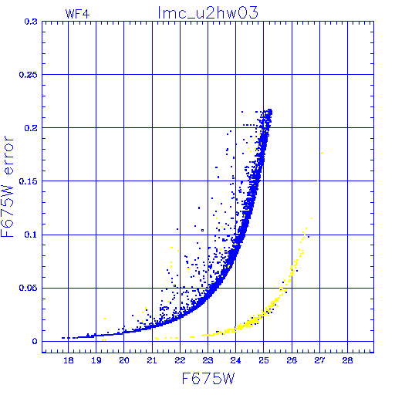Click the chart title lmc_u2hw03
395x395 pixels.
point(208,13)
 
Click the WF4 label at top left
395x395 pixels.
point(77,14)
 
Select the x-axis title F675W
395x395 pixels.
point(208,379)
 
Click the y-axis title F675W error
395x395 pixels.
point(7,187)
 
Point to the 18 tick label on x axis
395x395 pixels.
point(69,360)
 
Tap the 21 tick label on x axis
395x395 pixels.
point(152,360)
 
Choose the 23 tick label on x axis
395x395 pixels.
point(208,360)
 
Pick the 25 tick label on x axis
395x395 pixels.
point(264,360)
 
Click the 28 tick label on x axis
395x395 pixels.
point(347,360)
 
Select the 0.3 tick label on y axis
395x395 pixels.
point(31,22)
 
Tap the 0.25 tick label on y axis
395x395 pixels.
point(29,75)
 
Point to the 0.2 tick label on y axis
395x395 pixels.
point(31,128)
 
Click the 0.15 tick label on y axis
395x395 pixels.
point(29,181)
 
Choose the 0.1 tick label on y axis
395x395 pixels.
point(31,235)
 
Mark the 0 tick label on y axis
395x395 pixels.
point(35,341)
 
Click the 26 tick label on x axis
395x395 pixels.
point(292,360)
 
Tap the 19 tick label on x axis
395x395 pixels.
point(96,360)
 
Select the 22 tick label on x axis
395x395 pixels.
point(180,360)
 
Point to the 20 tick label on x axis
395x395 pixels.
point(124,360)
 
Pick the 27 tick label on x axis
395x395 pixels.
point(319,360)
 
